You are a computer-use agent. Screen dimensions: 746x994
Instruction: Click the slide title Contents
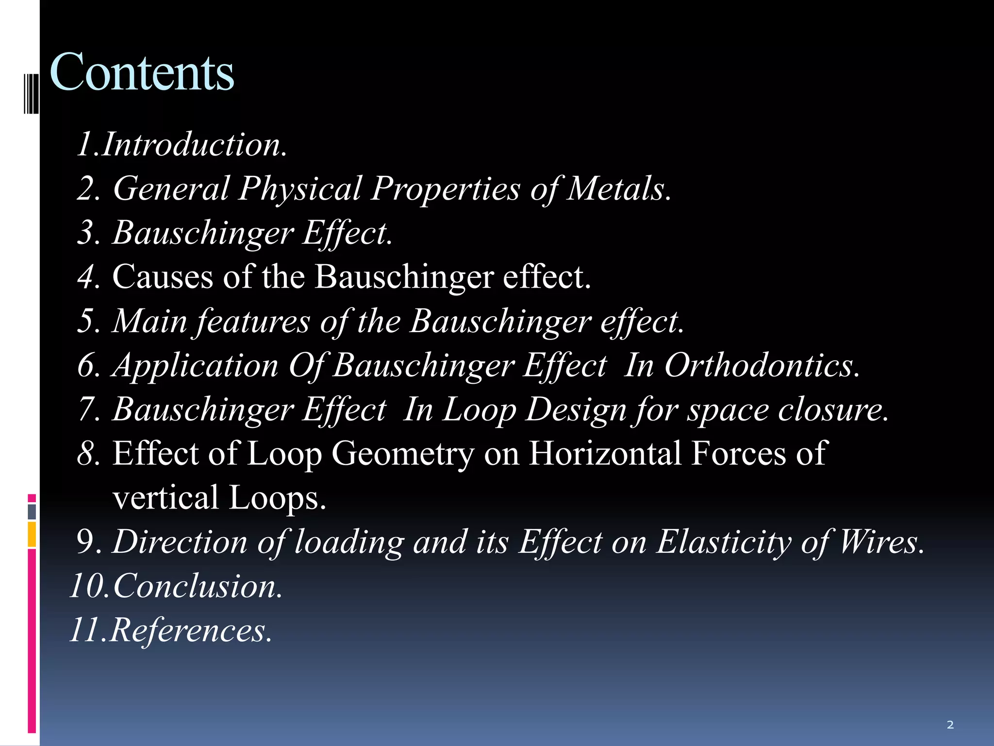tap(142, 73)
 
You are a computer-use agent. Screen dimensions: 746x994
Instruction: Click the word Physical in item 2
tap(300, 188)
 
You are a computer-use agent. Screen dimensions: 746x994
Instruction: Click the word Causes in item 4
tap(163, 277)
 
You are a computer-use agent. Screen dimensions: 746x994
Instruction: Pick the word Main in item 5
tap(149, 321)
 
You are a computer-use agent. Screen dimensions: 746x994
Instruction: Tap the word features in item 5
tap(252, 321)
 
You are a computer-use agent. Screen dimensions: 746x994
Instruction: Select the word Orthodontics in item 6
tap(757, 365)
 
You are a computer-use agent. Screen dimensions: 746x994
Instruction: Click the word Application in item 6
tap(195, 365)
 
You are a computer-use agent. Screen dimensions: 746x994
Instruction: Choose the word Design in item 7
tap(576, 409)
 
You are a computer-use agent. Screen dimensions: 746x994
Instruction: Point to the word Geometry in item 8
tap(402, 454)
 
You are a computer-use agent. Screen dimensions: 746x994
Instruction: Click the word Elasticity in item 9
tap(724, 542)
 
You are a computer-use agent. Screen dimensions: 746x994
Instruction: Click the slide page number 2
tap(950, 725)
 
